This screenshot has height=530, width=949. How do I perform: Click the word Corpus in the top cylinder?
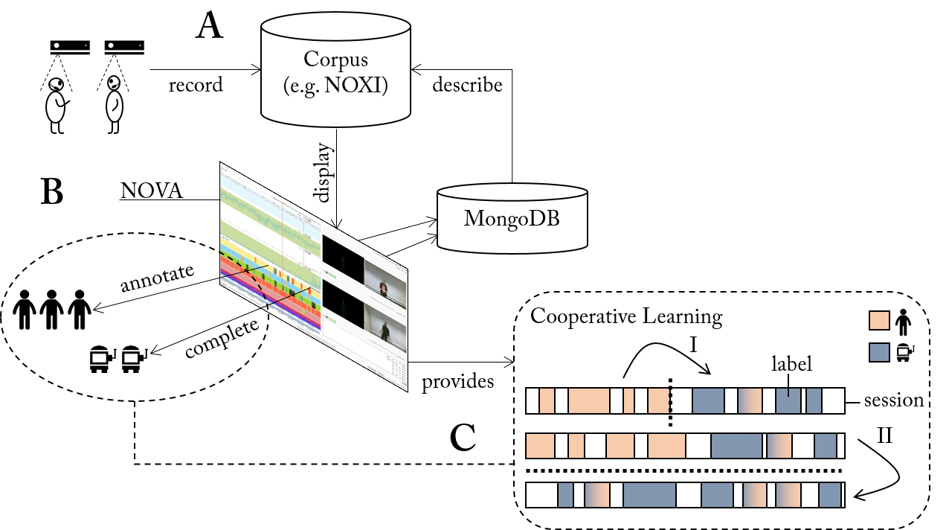[335, 60]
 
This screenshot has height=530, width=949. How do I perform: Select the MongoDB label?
[512, 219]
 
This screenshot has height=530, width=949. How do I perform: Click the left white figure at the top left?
[56, 100]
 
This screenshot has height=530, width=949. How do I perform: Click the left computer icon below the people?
[99, 360]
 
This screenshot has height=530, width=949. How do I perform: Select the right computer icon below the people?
[135, 360]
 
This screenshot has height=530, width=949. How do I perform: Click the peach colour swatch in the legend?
[879, 320]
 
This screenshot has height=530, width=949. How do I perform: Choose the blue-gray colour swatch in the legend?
[879, 352]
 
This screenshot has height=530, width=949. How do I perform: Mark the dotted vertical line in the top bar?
[670, 400]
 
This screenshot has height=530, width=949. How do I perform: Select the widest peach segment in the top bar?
[588, 400]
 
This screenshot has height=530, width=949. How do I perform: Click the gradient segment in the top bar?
[750, 400]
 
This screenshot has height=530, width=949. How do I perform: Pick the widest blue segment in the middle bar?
[736, 447]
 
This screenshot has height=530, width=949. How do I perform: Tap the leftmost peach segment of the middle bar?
[540, 447]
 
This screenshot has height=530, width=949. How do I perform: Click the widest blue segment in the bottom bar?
[649, 495]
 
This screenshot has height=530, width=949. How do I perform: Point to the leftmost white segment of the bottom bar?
[541, 495]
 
